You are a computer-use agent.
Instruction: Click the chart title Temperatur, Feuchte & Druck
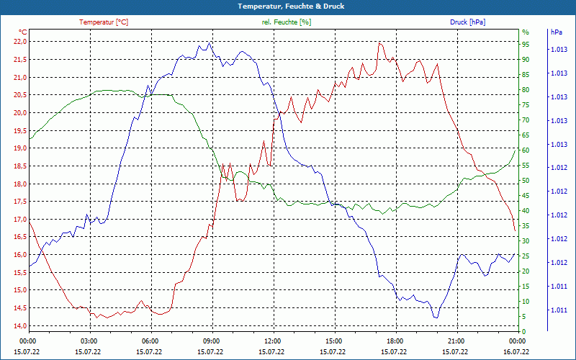coord(288,6)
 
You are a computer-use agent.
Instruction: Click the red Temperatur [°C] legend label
coord(104,22)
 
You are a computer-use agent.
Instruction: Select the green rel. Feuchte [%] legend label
coord(287,22)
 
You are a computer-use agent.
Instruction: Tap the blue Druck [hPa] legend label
coord(467,22)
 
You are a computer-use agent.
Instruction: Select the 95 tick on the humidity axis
coord(526,44)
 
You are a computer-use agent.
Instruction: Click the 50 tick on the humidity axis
coord(526,181)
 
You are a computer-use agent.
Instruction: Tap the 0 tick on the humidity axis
coord(524,332)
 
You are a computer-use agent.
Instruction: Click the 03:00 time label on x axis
coord(89,341)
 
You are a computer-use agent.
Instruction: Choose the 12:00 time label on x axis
coord(273,341)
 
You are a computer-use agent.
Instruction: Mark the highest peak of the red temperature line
coord(379,42)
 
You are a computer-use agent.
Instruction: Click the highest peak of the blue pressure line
coord(209,42)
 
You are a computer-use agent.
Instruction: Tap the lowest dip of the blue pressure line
coord(436,318)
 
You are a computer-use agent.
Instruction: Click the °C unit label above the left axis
coord(23,32)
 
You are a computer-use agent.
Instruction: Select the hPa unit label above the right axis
coord(557,32)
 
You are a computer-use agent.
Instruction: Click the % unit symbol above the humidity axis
coord(526,32)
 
